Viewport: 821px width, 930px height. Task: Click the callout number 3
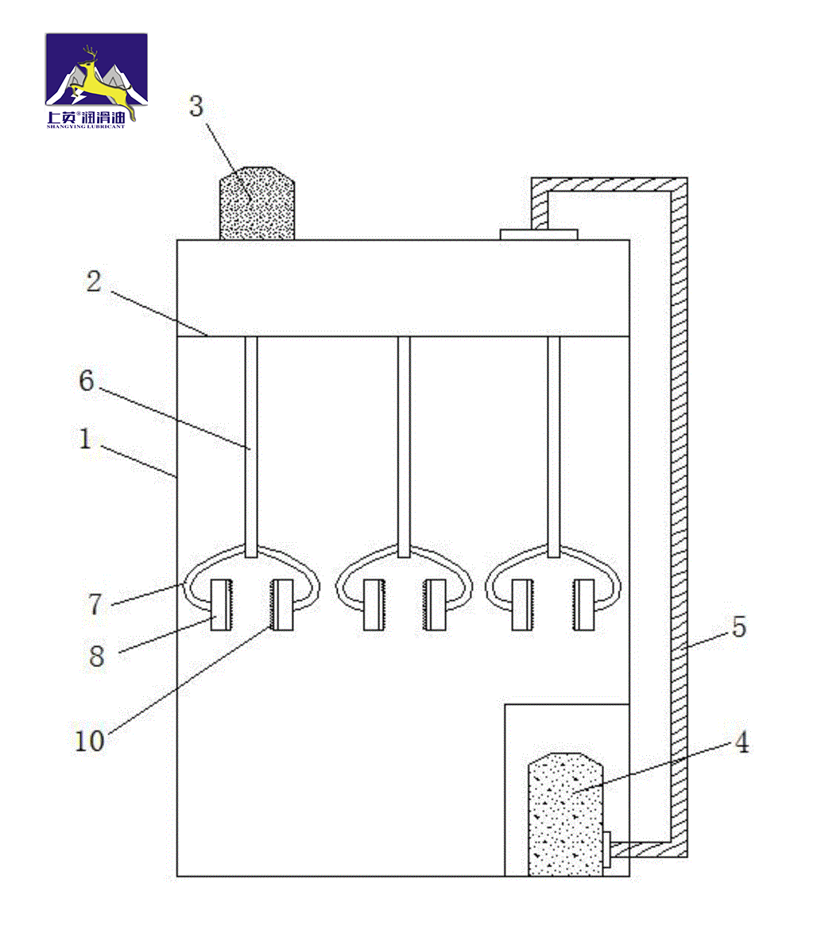(x=196, y=107)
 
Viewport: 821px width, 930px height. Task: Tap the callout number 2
(x=94, y=281)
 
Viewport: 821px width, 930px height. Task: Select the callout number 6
(x=87, y=380)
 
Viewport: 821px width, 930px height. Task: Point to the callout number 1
(x=85, y=439)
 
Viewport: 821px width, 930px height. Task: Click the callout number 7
(x=95, y=604)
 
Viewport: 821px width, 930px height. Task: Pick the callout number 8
(x=97, y=656)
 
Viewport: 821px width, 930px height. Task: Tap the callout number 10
(x=90, y=741)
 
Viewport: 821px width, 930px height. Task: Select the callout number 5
(x=739, y=627)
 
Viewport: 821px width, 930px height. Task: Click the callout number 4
(x=742, y=742)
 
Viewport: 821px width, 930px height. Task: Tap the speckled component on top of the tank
(x=258, y=203)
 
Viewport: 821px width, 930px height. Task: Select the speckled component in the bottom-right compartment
(x=566, y=814)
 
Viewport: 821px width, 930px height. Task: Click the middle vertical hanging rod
(x=404, y=447)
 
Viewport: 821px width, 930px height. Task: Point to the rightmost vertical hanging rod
(x=553, y=447)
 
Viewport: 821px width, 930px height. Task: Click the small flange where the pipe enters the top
(x=539, y=234)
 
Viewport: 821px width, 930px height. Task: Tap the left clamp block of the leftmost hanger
(x=221, y=605)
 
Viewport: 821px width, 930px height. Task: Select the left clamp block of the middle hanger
(x=373, y=605)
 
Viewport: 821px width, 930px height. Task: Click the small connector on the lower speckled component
(x=607, y=843)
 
